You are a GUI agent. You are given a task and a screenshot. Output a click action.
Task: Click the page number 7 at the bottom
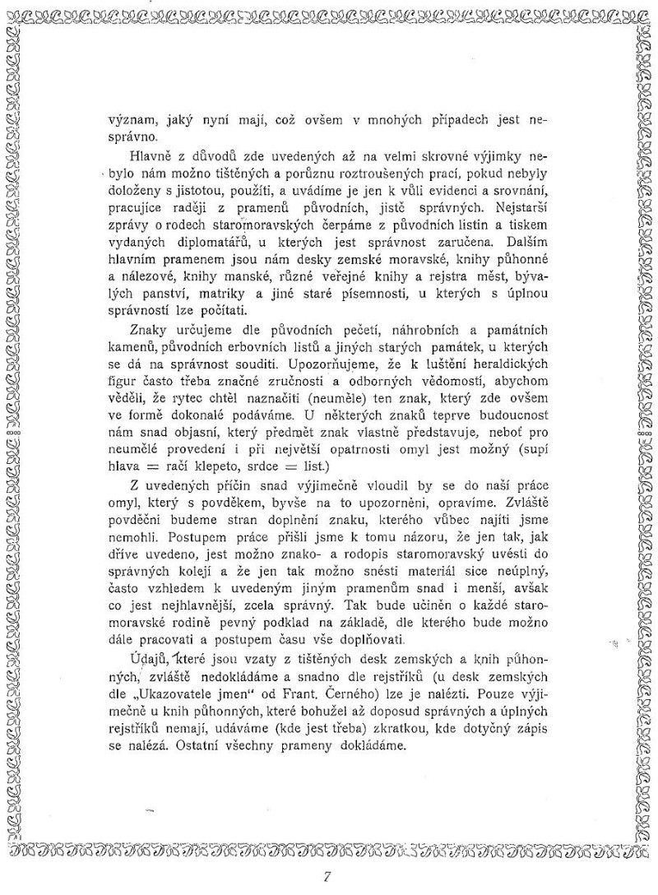coord(327,874)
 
